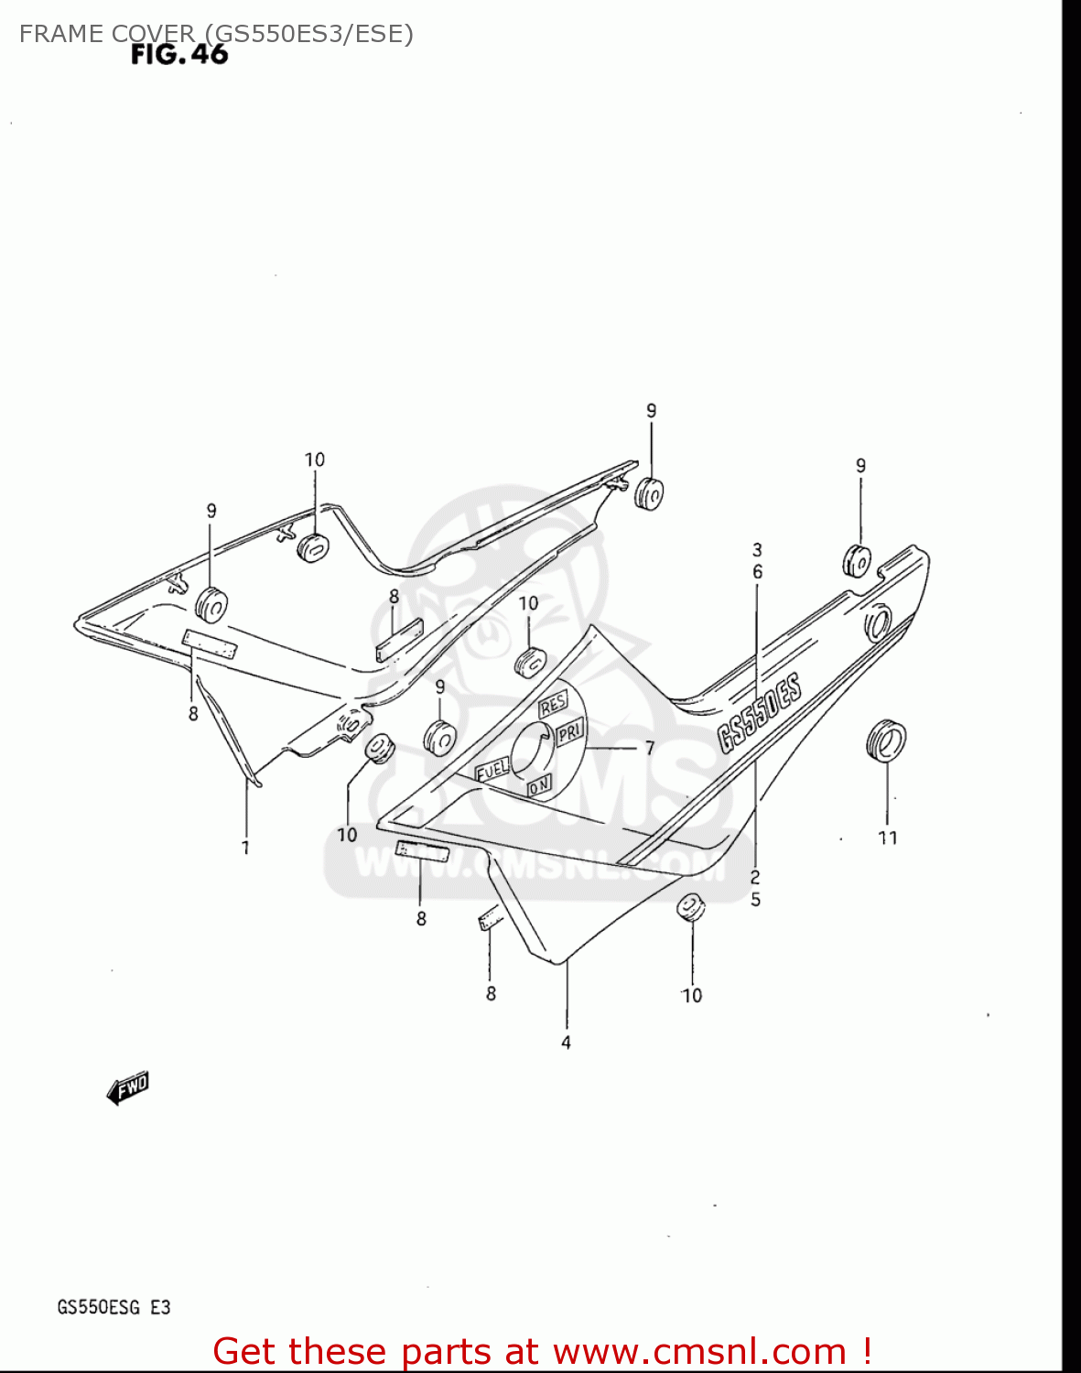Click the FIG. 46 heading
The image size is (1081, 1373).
pos(179,55)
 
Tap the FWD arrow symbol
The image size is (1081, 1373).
pos(128,1088)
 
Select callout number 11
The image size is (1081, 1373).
pos(887,838)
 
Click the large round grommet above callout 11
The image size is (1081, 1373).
pos(885,741)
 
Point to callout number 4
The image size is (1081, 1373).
pos(566,1043)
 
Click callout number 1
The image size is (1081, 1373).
pos(245,848)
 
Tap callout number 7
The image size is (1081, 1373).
pos(649,748)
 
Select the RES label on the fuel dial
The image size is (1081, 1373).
pos(553,706)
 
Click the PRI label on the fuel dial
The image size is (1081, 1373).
pos(569,732)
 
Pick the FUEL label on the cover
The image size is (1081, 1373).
pos(492,771)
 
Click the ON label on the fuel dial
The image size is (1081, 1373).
pos(539,784)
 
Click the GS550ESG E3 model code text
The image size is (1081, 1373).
pos(114,1307)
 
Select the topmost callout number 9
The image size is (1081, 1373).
pos(651,411)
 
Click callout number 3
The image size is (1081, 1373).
pos(757,550)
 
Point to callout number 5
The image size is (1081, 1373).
pos(755,900)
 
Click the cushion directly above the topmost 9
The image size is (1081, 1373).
pos(649,492)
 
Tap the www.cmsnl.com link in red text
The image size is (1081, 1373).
pos(700,1351)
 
